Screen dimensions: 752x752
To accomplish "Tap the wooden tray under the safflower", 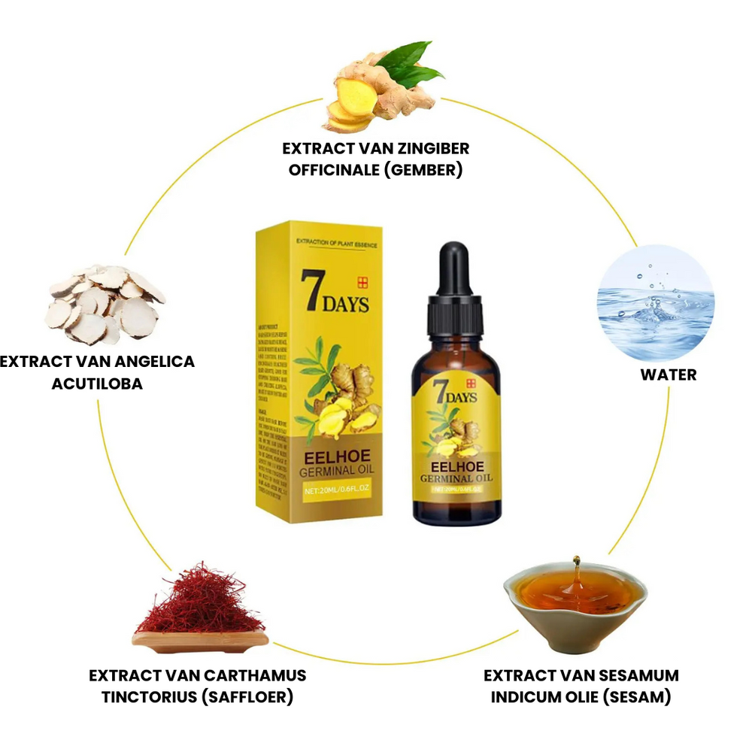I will click(x=200, y=640).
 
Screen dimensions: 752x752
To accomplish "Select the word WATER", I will click(x=669, y=374).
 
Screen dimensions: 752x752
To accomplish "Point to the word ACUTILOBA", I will click(x=97, y=384).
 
